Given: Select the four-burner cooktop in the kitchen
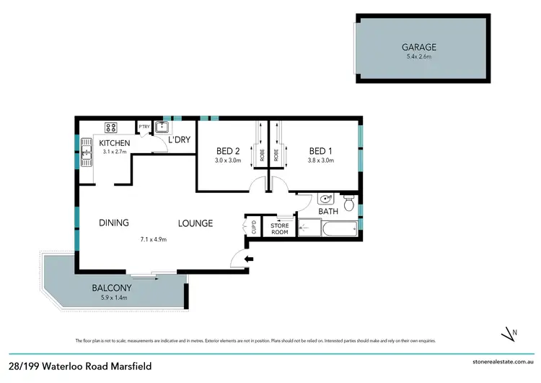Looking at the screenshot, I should click(x=112, y=128).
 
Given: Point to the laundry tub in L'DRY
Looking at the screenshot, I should click(x=162, y=127).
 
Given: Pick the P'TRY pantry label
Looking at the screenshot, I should click(x=144, y=128).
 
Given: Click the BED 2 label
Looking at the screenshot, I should click(x=229, y=151).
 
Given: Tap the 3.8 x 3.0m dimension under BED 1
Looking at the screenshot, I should click(x=321, y=160).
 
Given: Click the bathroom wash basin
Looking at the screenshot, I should click(x=325, y=199).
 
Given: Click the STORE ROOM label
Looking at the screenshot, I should click(x=279, y=229).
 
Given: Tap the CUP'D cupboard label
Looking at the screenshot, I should click(x=253, y=228).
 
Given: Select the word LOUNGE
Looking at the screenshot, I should click(x=195, y=223).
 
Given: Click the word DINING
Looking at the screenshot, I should click(x=114, y=223).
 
